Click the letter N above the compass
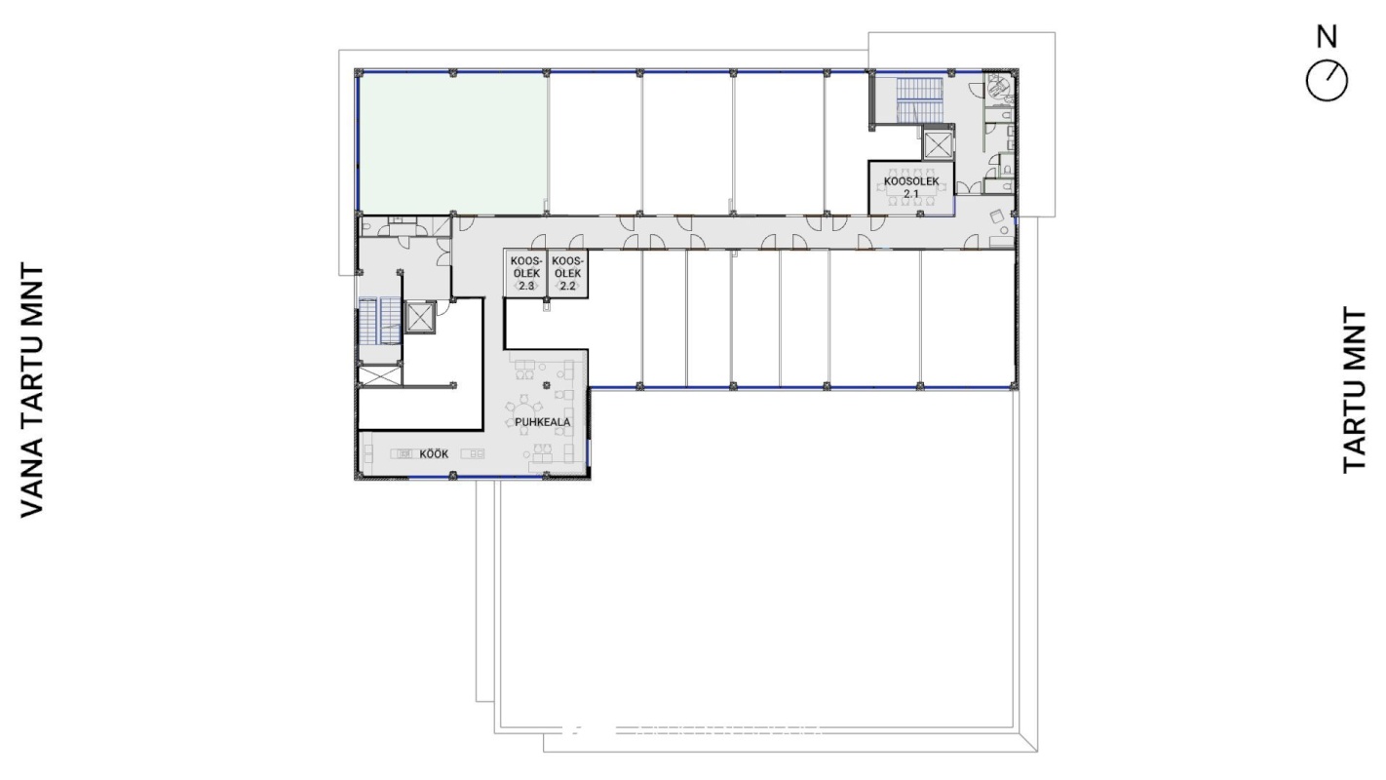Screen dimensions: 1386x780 [x=1327, y=36]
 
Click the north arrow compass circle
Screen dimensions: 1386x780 [x=1327, y=81]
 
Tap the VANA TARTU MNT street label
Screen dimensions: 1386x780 [x=32, y=391]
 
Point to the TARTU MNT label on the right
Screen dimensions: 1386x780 [x=1354, y=391]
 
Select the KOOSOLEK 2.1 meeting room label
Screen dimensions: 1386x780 [x=911, y=187]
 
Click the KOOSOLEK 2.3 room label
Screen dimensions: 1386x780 [x=526, y=273]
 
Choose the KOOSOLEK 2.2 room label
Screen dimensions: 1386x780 [x=567, y=273]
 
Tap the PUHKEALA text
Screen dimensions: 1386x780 [x=543, y=422]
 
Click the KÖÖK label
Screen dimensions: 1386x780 [x=434, y=453]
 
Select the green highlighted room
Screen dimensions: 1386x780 [x=453, y=143]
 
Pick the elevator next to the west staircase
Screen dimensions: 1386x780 [x=419, y=318]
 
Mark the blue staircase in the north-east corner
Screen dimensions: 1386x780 [x=919, y=99]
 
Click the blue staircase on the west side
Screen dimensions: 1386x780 [x=380, y=320]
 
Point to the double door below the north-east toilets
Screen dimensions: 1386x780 [x=968, y=187]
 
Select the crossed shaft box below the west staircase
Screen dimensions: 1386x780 [x=380, y=376]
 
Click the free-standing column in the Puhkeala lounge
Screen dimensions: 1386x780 [x=546, y=386]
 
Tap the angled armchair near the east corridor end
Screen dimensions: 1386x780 [x=996, y=216]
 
